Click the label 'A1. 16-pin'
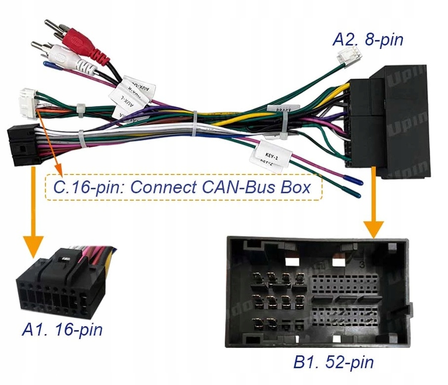[x=62, y=329]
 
